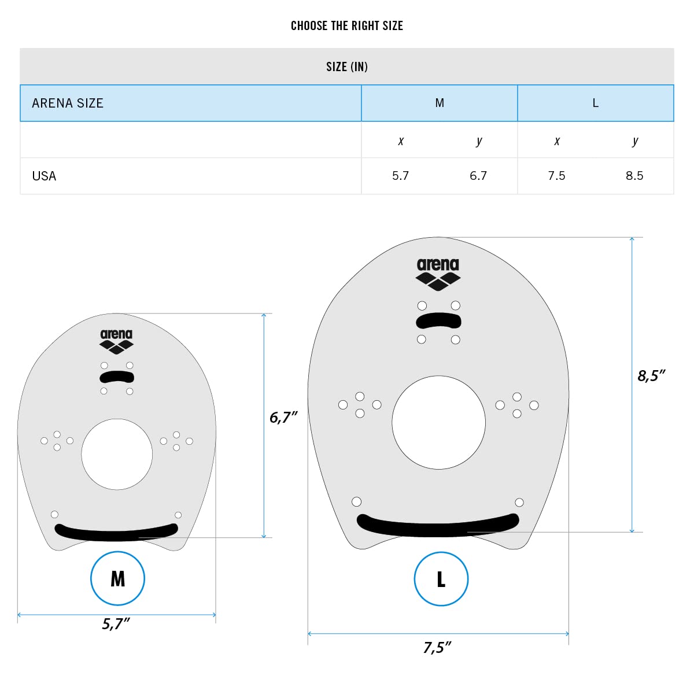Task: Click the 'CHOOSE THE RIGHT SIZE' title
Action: pos(347,25)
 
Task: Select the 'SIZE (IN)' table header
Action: pos(347,67)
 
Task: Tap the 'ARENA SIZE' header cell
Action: pos(68,104)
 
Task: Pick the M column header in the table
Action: pos(440,103)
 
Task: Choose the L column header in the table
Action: pos(595,104)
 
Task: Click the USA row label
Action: pos(44,176)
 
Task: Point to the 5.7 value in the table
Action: pos(400,176)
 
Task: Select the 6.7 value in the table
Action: pos(478,176)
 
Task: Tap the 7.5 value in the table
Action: pos(556,176)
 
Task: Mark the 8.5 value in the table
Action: pos(634,176)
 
